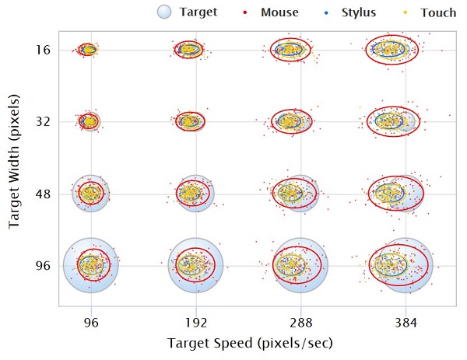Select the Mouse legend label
[279, 12]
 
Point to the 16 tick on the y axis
[43, 50]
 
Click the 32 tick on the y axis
[43, 121]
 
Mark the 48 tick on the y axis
[43, 194]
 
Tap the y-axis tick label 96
[43, 265]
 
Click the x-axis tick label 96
[91, 323]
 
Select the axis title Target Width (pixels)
[14, 162]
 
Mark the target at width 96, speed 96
[91, 265]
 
